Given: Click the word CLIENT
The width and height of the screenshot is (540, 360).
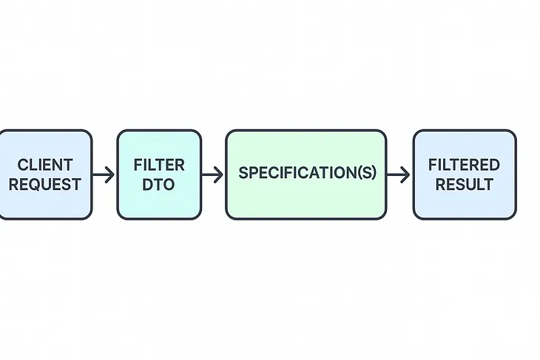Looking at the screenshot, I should click(45, 164).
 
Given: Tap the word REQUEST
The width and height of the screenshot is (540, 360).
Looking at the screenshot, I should click(45, 184).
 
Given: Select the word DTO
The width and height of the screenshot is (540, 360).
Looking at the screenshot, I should click(159, 184).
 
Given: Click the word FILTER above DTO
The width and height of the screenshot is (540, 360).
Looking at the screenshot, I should click(159, 164).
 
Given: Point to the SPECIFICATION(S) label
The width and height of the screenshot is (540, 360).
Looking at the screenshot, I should click(307, 174).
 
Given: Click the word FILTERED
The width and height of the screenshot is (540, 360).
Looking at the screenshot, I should click(464, 164).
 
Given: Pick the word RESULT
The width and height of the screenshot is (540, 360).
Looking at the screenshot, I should click(464, 184).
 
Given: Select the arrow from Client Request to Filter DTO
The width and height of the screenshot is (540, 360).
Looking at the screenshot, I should click(104, 174).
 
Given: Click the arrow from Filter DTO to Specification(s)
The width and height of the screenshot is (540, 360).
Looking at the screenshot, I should click(213, 174).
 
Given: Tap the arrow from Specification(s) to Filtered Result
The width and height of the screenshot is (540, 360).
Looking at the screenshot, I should click(399, 174).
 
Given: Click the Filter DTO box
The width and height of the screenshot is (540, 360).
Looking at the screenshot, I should click(159, 207).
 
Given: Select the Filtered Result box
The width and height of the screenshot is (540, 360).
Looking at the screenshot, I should click(464, 207).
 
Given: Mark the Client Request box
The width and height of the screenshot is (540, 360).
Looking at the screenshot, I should click(45, 207).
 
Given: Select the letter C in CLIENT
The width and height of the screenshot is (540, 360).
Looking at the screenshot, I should click(22, 164).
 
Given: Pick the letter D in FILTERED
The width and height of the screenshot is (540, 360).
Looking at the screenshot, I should click(494, 164).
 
